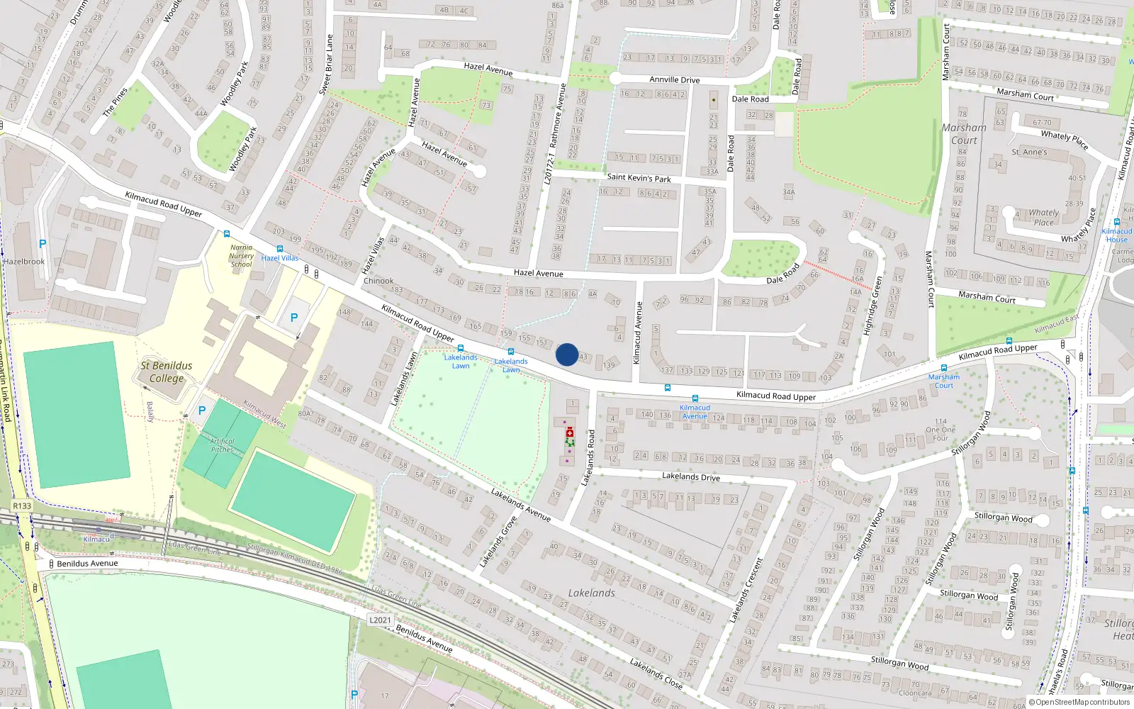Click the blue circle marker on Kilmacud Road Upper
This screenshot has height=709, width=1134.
point(567,354)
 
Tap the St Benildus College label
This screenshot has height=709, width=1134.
point(167,372)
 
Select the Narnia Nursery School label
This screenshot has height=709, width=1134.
point(241,256)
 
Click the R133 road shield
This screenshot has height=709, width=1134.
point(22,506)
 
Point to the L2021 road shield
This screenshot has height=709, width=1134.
point(380,620)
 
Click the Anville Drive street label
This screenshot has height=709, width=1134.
point(674,80)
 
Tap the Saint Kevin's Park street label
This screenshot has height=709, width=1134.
point(639,178)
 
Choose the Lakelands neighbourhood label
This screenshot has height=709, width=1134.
point(591,593)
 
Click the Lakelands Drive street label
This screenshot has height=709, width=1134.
point(690,477)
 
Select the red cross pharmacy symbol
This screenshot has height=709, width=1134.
point(570,432)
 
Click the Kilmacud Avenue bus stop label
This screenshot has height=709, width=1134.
point(695,412)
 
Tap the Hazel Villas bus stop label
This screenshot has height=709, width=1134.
point(280,258)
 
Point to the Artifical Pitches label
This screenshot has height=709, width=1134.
point(223,445)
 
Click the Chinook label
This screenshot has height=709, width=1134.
point(378,281)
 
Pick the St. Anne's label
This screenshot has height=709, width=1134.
point(1029,152)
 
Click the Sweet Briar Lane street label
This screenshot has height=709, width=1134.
point(325,65)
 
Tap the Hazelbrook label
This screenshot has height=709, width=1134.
point(23,262)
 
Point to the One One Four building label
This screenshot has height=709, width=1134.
point(941,430)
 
